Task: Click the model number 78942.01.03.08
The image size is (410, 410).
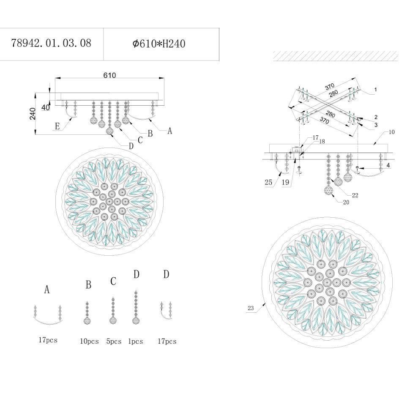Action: click(51, 43)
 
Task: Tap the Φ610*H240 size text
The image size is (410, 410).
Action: click(159, 44)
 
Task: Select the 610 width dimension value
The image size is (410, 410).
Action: click(109, 75)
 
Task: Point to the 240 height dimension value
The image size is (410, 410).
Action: click(33, 113)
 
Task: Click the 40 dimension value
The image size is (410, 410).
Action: click(46, 107)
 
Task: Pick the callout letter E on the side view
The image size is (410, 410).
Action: click(57, 126)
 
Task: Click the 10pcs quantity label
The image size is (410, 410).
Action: click(90, 341)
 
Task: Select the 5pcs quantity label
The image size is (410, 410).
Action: click(114, 341)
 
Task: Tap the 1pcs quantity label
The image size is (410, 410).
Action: click(135, 341)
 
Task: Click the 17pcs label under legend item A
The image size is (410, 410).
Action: click(48, 340)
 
